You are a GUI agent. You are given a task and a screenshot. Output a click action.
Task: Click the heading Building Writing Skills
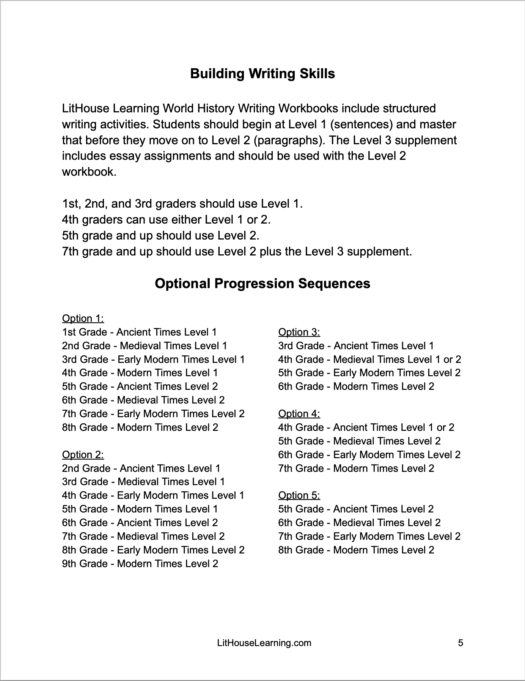coord(262,73)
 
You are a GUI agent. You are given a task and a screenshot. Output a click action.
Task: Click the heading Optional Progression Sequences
coord(262,284)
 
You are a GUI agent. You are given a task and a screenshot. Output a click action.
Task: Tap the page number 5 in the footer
coord(461,643)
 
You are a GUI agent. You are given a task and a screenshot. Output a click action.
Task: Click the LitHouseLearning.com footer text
coord(264,643)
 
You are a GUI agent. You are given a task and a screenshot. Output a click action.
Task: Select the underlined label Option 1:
coord(83,318)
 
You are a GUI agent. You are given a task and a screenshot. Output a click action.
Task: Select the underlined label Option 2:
coord(83,455)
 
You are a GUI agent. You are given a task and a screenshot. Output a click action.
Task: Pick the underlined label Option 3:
coord(299,332)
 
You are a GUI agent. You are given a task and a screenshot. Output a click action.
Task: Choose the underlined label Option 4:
coord(299,414)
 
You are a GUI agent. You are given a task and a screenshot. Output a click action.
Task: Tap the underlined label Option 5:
coord(299,495)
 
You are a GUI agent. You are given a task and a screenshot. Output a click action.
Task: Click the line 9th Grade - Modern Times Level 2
coord(140,564)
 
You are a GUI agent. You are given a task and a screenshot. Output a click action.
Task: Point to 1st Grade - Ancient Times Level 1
coord(139,332)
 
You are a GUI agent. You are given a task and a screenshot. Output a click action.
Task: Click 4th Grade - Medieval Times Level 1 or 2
coord(369,359)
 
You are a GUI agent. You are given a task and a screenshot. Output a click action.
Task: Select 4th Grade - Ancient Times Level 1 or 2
coord(366,427)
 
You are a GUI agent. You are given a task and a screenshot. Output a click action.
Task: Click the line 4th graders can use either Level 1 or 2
coord(166,220)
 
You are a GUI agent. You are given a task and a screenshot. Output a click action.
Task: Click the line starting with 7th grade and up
coord(237,252)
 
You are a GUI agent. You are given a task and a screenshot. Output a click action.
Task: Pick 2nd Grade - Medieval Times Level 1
coord(145,346)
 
